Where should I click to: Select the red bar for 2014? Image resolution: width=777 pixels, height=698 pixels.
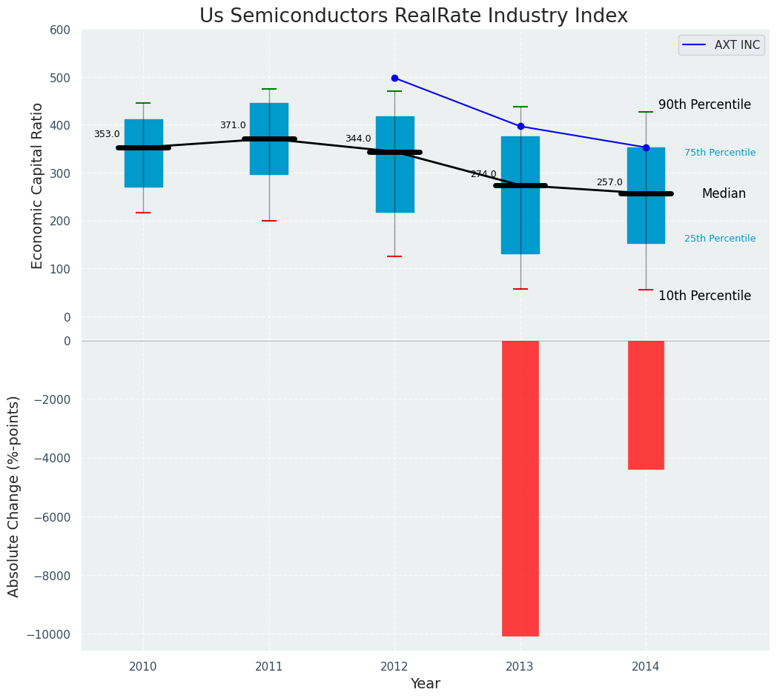(646, 405)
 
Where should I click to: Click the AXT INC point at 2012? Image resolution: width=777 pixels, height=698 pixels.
(394, 78)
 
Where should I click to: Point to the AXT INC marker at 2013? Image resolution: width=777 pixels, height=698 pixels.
(520, 127)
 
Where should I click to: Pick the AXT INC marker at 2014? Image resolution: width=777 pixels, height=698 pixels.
(646, 147)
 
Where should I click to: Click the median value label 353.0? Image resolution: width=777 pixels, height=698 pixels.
(107, 134)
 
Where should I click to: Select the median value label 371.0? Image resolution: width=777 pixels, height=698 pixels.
(233, 125)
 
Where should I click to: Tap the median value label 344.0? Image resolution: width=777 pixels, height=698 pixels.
(358, 139)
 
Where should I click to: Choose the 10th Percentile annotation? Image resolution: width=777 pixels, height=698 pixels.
(704, 296)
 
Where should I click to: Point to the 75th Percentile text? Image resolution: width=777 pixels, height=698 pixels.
(720, 153)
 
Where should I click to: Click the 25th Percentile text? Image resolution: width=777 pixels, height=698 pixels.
(720, 239)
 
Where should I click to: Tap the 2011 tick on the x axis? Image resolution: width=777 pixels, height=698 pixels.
(269, 666)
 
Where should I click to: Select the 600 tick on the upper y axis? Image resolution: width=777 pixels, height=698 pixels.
(60, 30)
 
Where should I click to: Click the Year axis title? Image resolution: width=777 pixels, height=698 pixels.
(425, 684)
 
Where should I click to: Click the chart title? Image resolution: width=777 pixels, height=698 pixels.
(414, 16)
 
